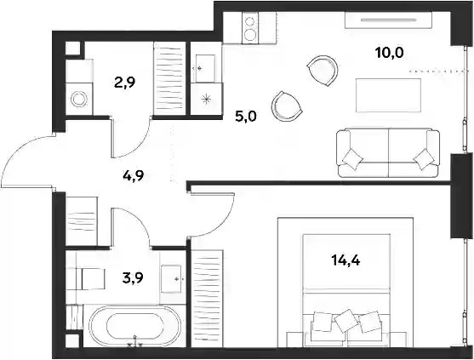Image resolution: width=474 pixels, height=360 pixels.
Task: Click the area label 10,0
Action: point(390,54)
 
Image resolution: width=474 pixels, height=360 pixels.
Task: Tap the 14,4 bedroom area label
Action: point(346,260)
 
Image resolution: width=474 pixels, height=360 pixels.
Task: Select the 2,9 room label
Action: point(125,83)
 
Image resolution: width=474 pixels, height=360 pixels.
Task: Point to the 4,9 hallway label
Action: point(133,175)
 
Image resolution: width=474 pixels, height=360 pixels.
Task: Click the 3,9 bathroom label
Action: point(133,277)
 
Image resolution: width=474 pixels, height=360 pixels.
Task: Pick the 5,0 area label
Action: point(246,116)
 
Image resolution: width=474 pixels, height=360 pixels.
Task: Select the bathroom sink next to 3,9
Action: point(171,279)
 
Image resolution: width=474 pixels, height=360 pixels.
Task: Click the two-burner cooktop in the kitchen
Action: point(250,28)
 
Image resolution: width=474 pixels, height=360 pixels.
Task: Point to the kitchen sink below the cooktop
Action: point(205,68)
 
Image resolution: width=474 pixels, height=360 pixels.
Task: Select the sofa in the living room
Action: point(388,152)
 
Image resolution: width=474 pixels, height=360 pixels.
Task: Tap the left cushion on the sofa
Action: point(352,158)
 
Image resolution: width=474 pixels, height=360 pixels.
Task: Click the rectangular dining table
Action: point(388,95)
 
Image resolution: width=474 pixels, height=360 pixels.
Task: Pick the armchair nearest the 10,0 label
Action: point(323,71)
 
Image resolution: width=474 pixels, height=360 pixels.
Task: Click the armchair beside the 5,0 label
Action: point(287,106)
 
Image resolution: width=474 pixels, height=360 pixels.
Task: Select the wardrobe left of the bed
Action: point(208,298)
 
